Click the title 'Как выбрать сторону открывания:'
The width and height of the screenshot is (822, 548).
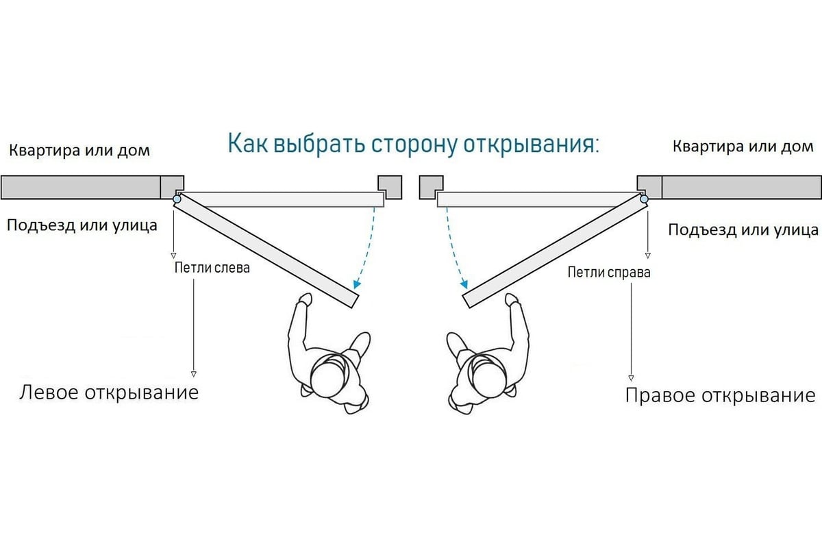(x=413, y=145)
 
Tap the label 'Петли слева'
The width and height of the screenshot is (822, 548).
(x=212, y=267)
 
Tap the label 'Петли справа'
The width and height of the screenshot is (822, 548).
(x=609, y=272)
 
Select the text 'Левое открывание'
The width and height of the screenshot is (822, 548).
(x=109, y=393)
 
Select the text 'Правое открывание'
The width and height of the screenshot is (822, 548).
(x=720, y=395)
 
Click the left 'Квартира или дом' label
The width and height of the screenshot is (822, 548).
(x=79, y=149)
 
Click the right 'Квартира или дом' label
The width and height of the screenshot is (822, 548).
(x=743, y=146)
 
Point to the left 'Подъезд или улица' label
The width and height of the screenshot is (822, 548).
(x=82, y=225)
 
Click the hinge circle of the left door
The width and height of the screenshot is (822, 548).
(x=177, y=199)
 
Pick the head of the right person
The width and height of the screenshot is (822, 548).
(x=486, y=375)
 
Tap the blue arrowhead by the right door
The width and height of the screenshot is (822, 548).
(x=465, y=283)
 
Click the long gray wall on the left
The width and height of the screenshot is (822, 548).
(x=80, y=187)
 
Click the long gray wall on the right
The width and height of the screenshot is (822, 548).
(x=741, y=187)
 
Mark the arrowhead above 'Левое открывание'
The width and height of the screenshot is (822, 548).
(x=194, y=374)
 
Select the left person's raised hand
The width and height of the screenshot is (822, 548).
(x=305, y=299)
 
